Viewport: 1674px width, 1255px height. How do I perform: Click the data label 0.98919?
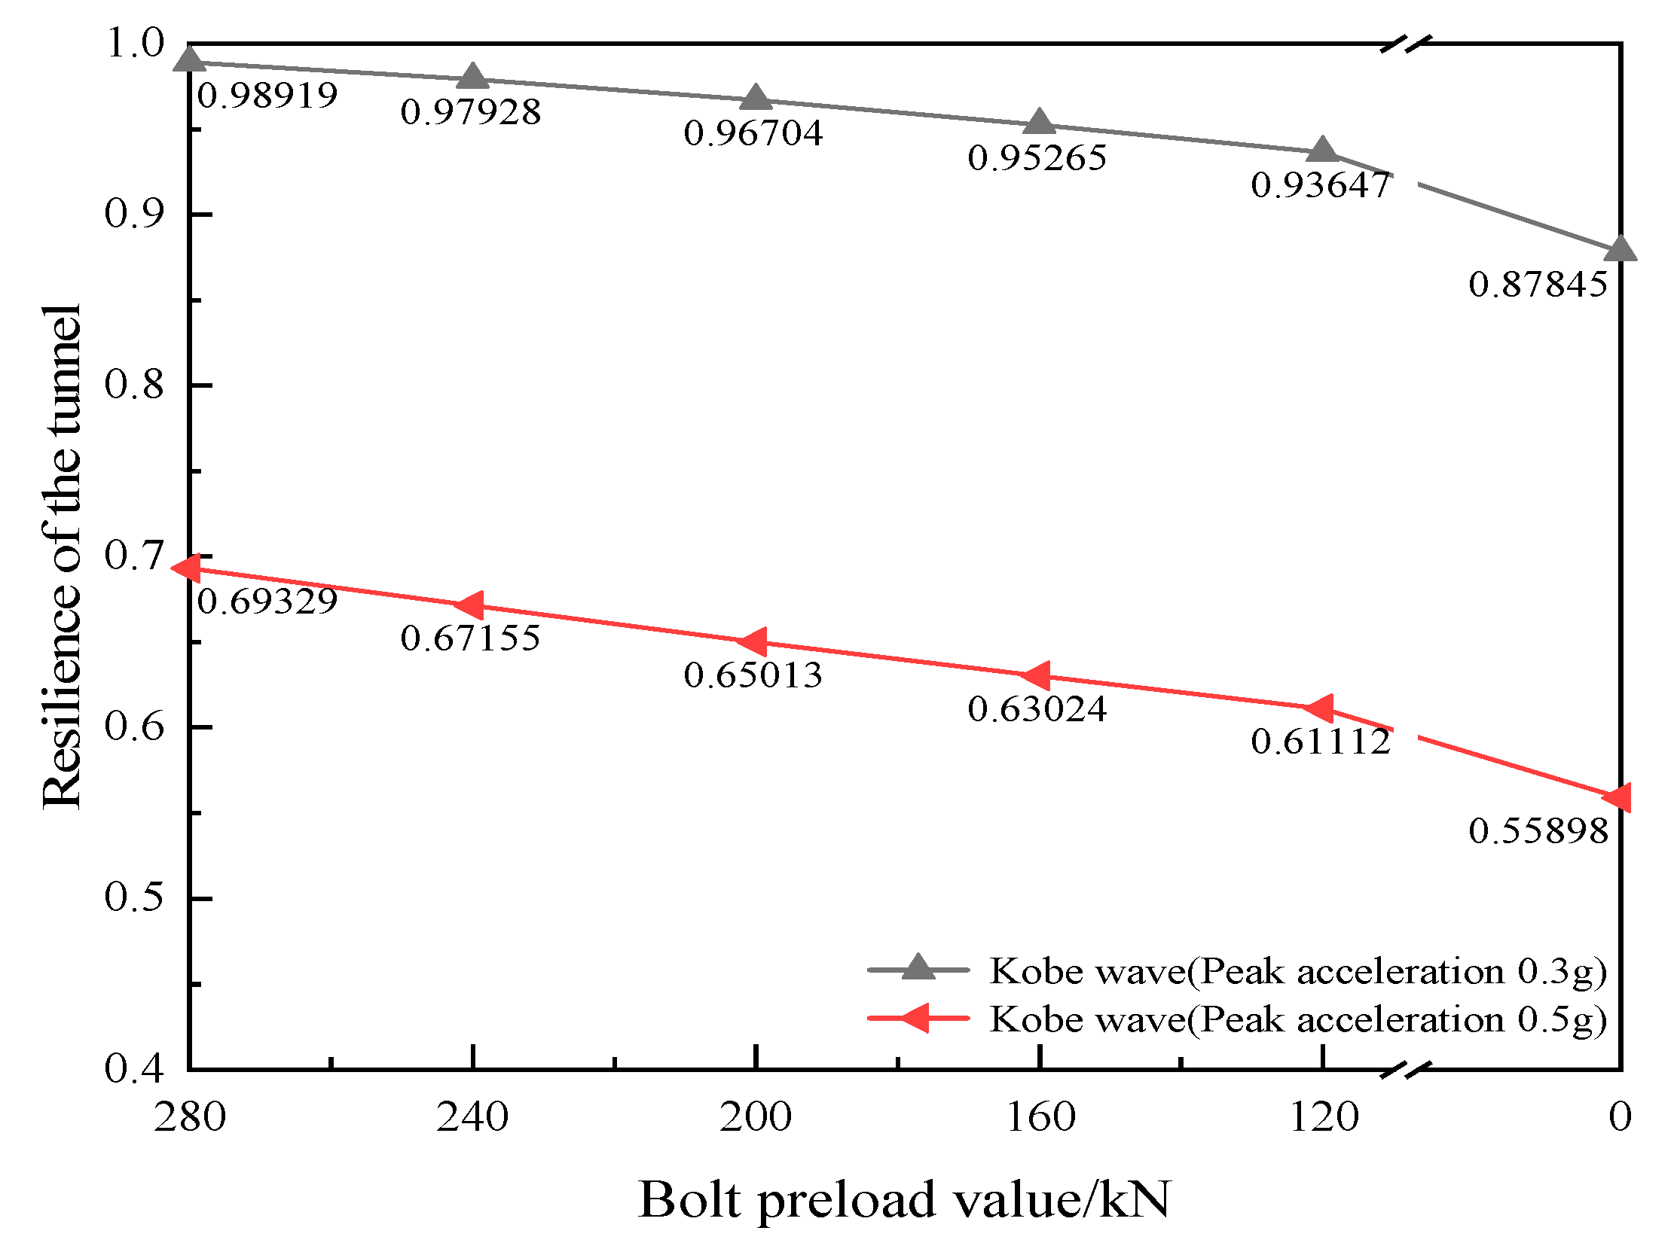pos(267,96)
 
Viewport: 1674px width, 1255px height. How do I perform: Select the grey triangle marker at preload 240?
pos(473,76)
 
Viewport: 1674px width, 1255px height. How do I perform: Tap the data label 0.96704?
pos(753,134)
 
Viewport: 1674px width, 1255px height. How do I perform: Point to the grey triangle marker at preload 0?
pos(1620,249)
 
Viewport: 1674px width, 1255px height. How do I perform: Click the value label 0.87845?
pos(1538,285)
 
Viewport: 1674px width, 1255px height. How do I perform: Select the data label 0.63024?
pos(1037,710)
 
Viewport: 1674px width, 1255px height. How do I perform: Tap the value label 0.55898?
pos(1538,831)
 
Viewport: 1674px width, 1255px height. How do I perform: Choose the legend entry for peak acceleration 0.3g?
pos(1298,971)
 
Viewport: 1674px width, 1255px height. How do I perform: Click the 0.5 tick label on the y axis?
pos(134,898)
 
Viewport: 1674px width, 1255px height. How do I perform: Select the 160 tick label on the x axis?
pos(1040,1117)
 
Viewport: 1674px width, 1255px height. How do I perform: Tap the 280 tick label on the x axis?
pos(190,1117)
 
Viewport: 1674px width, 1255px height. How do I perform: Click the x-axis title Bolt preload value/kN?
pos(904,1200)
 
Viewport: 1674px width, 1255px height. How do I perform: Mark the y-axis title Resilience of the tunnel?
pos(60,558)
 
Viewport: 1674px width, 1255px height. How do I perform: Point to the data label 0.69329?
pos(267,602)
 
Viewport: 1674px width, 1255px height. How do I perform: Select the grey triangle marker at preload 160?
pos(1040,122)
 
